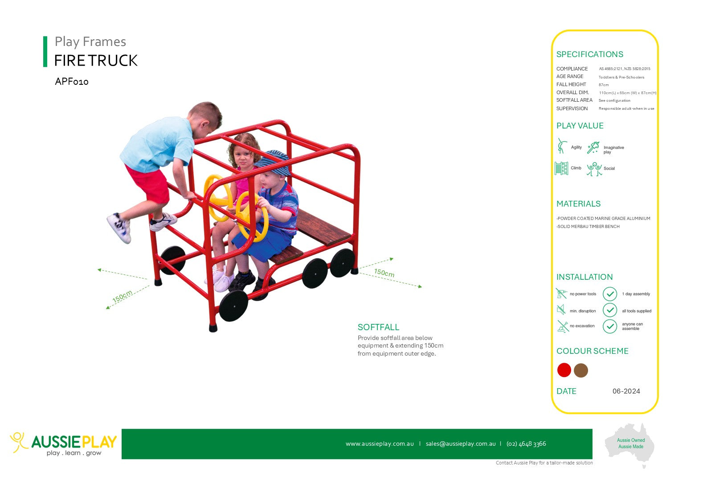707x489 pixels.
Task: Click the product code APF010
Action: coord(72,82)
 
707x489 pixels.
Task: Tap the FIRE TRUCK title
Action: coord(96,60)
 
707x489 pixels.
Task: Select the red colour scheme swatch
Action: coord(564,370)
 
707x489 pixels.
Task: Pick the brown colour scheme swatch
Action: coord(581,370)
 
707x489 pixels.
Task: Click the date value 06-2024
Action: coord(626,391)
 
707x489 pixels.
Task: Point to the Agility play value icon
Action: coord(561,146)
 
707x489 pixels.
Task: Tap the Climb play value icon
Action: coord(561,168)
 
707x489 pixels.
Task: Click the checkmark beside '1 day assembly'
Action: coord(610,294)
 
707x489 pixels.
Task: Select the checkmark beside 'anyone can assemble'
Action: coord(610,326)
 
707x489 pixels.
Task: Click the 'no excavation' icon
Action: coord(562,326)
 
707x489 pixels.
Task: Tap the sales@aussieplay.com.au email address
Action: coord(461,444)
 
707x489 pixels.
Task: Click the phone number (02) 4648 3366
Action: coord(526,444)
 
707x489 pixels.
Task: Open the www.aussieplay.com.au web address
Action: coord(380,444)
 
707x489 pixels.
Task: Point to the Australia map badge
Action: coord(629,444)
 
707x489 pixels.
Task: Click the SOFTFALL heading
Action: coord(378,327)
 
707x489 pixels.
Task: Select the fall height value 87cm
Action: coord(604,85)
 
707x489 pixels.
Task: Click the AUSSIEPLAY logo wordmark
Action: coord(74,442)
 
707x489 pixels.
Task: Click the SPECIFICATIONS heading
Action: coord(589,54)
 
